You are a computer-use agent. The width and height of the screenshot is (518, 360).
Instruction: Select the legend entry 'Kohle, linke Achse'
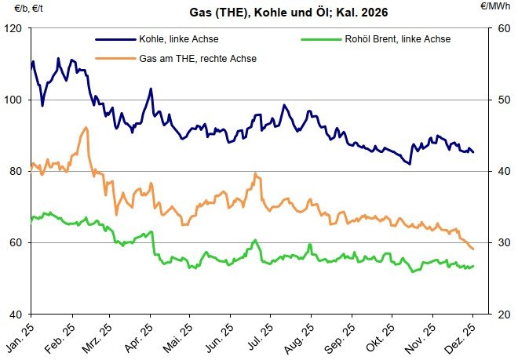tap(157, 38)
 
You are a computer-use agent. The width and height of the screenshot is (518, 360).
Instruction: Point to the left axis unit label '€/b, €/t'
tap(18, 6)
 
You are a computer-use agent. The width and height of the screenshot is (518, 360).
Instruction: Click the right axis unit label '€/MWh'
tap(497, 6)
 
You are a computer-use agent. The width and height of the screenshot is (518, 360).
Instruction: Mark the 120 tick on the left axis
tap(16, 28)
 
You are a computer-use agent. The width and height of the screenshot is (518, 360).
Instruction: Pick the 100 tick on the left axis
tap(16, 100)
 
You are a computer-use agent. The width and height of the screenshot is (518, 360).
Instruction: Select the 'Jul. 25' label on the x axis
tap(260, 335)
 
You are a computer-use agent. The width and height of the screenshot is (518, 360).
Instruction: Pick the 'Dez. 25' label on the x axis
tap(461, 335)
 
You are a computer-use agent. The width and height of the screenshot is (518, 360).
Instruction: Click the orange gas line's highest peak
tap(86, 128)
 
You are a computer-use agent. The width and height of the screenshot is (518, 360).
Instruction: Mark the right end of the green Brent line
tap(473, 267)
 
